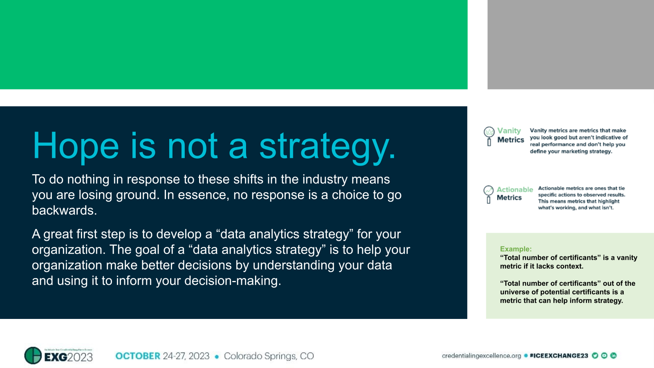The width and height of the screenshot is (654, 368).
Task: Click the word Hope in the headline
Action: [76, 146]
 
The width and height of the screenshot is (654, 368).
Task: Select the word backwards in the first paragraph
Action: [64, 210]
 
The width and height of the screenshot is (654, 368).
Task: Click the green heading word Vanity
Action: [509, 131]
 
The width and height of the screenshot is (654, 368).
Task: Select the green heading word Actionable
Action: [515, 190]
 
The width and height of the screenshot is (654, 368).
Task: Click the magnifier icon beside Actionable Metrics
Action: [488, 194]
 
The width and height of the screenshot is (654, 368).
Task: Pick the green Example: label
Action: [515, 249]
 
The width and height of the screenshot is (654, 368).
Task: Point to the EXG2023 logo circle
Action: [33, 355]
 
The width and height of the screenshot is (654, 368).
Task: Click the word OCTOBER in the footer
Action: [138, 356]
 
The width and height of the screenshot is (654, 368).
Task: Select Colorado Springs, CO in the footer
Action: [269, 356]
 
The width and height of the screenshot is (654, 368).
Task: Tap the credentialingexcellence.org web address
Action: [481, 356]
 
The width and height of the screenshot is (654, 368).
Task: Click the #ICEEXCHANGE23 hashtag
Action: [559, 356]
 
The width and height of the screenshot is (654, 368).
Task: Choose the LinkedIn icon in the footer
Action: [613, 355]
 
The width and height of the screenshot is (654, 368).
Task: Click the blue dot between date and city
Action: [217, 357]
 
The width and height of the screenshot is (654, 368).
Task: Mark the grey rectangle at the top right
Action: [571, 44]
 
